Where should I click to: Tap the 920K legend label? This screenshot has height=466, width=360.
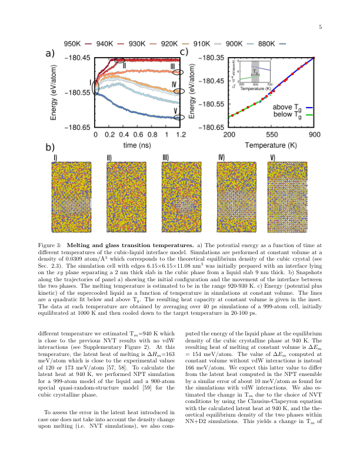tap(169, 44)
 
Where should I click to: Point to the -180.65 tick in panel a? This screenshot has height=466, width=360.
tap(75, 127)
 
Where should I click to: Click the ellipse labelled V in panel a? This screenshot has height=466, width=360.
tap(181, 117)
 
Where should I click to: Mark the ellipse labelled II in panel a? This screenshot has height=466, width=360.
tap(120, 60)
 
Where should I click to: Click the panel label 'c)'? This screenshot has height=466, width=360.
tap(184, 52)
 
